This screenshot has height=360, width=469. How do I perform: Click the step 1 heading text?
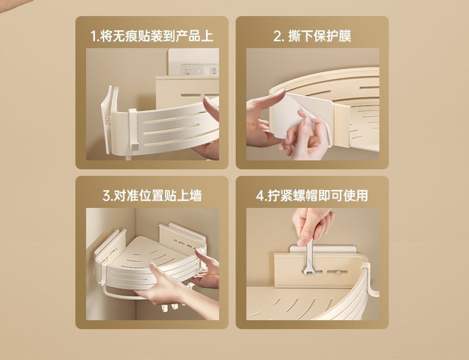pos(151,36)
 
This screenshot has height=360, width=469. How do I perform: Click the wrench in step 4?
pos(308,258)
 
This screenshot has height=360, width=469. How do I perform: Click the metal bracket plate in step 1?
pos(198,70)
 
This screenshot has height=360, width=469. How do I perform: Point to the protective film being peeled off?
pos(299,116)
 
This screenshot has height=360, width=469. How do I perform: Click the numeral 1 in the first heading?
pos(93,36)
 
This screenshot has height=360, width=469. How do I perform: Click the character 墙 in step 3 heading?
pos(196,195)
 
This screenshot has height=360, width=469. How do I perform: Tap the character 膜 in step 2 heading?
pos(345,36)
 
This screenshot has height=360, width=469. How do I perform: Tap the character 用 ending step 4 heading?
pos(362,195)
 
